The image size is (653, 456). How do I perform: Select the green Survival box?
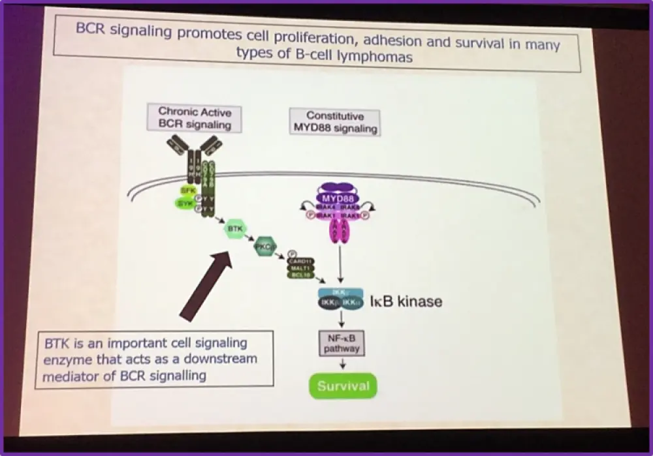click(x=343, y=386)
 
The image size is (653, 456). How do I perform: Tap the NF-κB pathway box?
click(x=342, y=343)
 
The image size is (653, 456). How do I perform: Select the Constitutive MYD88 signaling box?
click(x=334, y=122)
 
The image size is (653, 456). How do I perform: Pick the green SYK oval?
click(x=185, y=203)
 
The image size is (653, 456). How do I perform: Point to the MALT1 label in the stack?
click(x=300, y=268)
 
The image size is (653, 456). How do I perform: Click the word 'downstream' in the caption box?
click(x=222, y=359)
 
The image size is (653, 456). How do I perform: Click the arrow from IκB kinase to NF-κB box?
click(x=342, y=319)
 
